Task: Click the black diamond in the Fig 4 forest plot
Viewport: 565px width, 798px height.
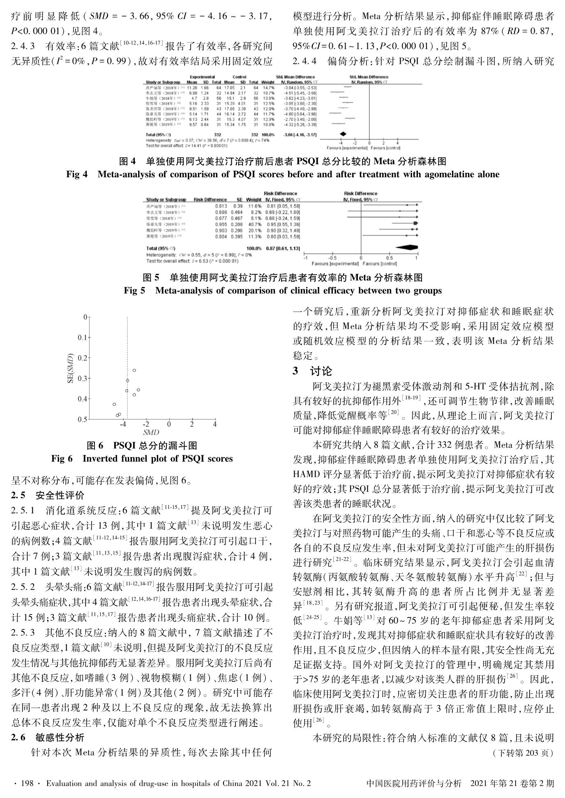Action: click(343, 134)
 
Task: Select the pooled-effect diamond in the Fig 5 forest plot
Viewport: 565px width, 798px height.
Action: click(407, 248)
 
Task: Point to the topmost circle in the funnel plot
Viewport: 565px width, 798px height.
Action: click(134, 370)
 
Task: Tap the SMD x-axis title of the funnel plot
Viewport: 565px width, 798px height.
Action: click(151, 433)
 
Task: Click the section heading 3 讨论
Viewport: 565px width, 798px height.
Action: click(312, 371)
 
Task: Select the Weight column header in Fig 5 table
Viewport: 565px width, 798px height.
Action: click(254, 199)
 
